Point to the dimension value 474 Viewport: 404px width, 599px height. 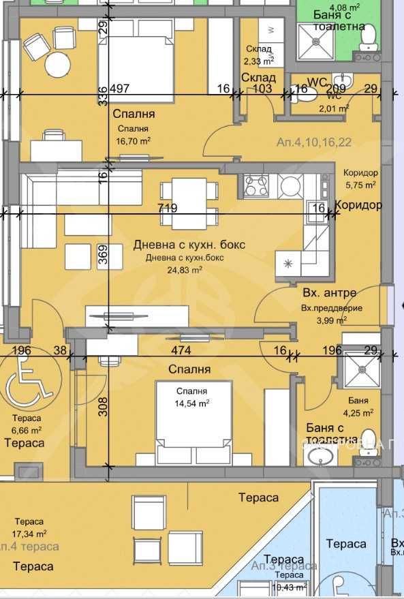coord(181,350)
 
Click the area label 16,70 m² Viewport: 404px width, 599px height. coord(134,142)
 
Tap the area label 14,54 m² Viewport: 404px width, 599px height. coord(192,403)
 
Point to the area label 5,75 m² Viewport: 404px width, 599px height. coord(360,184)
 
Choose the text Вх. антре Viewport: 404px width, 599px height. coord(329,293)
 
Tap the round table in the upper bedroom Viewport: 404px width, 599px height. coord(58,65)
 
